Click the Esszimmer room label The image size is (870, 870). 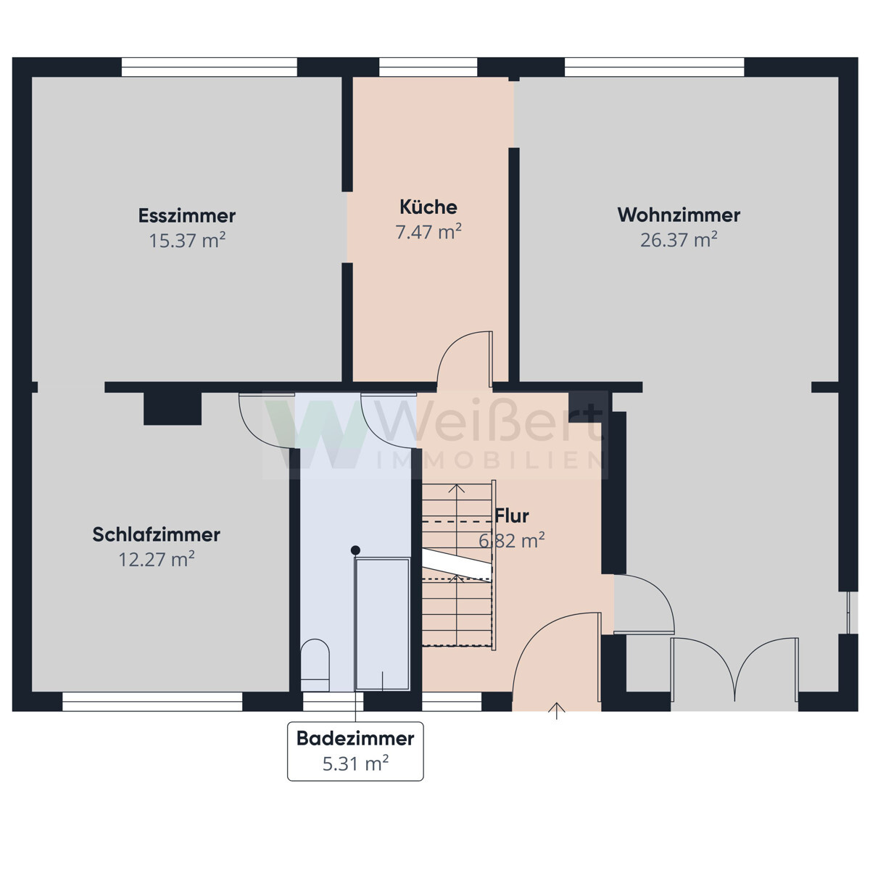pos(187,216)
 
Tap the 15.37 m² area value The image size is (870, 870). pos(187,240)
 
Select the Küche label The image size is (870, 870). pos(428,207)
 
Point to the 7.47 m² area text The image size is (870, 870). pos(428,231)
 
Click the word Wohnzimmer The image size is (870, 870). pos(679,215)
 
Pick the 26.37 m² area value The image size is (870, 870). pos(679,240)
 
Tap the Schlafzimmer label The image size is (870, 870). pos(156,534)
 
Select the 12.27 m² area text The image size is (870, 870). pos(156,560)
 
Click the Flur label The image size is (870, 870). pos(512,516)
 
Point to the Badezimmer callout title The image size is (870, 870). pos(355,739)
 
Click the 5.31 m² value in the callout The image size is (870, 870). pos(355,763)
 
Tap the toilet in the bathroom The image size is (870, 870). pos(315,665)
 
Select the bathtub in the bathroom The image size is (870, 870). pos(382,624)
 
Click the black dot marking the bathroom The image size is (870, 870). pos(355,550)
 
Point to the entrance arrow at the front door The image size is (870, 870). pos(557,710)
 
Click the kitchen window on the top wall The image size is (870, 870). pos(428,67)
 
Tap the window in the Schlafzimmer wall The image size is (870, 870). pos(152,702)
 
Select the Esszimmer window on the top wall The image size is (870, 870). pos(210,67)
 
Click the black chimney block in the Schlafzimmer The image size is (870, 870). pos(173,409)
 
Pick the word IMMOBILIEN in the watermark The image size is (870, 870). pos(491,460)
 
